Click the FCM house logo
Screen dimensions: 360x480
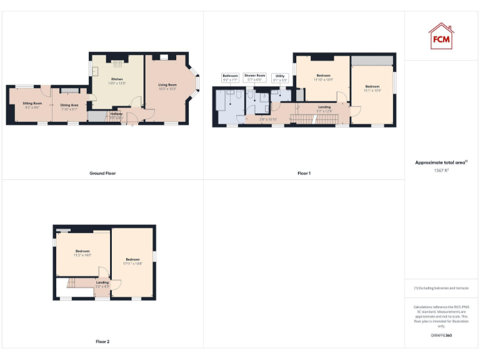441,36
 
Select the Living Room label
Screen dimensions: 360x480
167,85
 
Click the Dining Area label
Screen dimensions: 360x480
69,105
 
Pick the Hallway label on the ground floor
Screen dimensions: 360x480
116,113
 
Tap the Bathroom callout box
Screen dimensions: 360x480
230,78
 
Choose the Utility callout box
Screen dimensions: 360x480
279,78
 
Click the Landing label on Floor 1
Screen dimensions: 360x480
324,107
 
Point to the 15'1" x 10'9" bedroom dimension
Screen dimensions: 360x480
372,91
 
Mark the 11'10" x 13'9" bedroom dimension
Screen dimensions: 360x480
323,79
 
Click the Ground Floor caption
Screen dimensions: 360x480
102,173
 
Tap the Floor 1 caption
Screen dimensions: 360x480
304,173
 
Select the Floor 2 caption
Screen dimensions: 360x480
102,342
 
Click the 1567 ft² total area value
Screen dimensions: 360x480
441,170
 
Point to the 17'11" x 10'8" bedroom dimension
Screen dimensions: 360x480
133,263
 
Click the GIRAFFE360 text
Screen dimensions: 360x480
441,336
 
